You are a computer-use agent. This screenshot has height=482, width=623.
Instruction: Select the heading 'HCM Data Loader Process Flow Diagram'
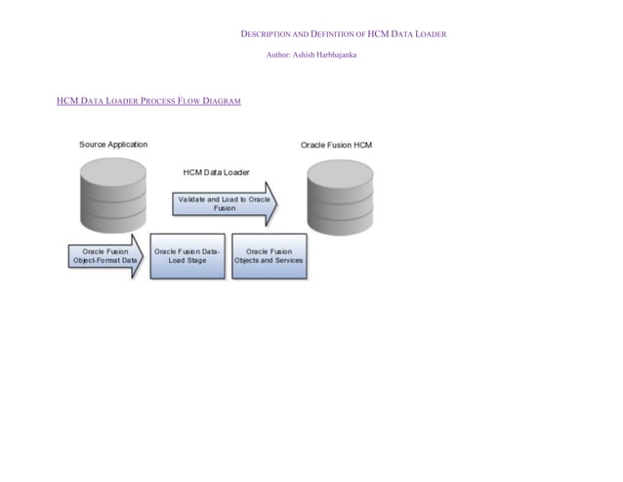point(148,102)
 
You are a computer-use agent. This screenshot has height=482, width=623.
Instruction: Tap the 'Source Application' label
point(113,145)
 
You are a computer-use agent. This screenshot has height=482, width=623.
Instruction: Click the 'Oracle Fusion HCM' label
point(336,145)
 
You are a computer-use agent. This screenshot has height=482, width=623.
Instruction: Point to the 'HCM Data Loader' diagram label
point(216,172)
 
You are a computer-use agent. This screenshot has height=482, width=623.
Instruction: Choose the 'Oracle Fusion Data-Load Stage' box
point(187,256)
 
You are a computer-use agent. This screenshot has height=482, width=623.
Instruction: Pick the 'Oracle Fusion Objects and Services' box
point(269,256)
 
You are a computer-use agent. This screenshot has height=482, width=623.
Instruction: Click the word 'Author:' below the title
point(278,55)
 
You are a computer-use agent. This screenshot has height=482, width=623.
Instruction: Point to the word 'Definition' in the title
point(341,35)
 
